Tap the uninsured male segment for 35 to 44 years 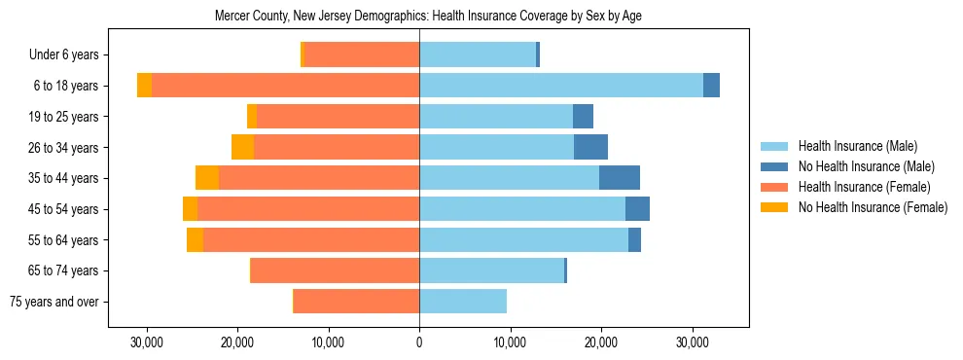coord(620,178)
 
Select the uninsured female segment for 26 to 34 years coord(242,147)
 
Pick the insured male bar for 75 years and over coord(463,302)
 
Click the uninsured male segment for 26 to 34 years coord(590,147)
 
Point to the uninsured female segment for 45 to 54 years coord(190,209)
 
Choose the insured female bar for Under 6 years coord(362,54)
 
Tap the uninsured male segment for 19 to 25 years coord(583,117)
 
